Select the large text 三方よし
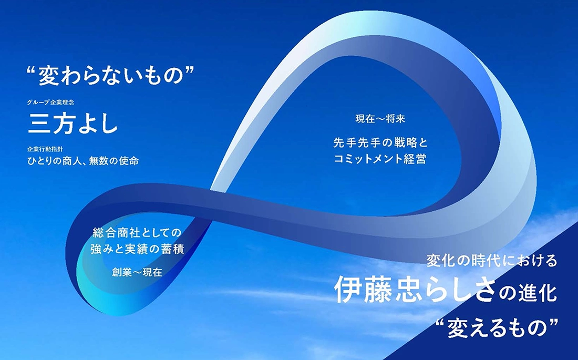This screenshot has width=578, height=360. [73, 124]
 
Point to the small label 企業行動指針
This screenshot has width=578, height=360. [45, 149]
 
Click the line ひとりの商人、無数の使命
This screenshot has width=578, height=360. [83, 161]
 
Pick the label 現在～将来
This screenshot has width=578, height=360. [380, 119]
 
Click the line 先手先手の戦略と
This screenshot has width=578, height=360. [380, 142]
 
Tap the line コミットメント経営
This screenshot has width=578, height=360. [380, 159]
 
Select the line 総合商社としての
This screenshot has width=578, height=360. [137, 233]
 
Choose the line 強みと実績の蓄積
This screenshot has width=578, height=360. [137, 249]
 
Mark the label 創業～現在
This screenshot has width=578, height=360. [137, 273]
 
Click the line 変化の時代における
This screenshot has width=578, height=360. [491, 261]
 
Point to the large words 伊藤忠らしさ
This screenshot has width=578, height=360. [415, 290]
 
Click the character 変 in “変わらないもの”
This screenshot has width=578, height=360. [49, 76]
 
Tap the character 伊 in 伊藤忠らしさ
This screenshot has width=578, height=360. [348, 290]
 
